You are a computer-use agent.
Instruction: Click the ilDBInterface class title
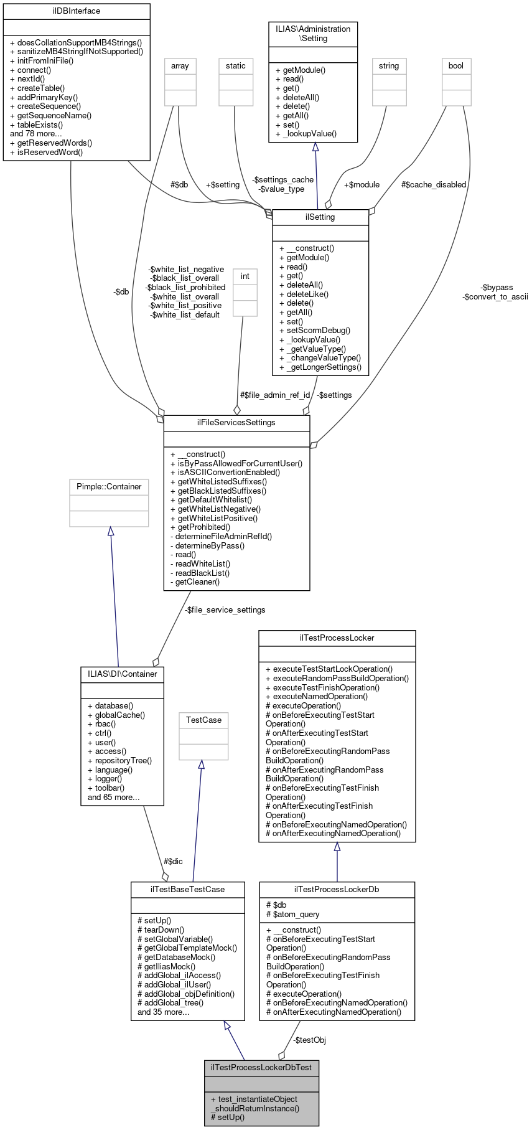pos(77,11)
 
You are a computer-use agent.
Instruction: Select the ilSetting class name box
pos(320,217)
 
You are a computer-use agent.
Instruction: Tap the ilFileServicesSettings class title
pos(236,423)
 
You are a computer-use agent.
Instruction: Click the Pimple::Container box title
pos(109,487)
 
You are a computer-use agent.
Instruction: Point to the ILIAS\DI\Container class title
pos(123,674)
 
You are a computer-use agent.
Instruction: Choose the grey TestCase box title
pos(203,720)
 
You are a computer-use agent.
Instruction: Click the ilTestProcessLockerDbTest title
pos(261,1068)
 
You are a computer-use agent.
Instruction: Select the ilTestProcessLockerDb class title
pos(337,890)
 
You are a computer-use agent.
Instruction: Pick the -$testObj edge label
pos(309,1040)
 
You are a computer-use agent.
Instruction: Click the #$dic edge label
pos(173,862)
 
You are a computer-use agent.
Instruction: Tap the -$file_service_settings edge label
pos(225,610)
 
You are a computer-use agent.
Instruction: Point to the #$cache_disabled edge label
pos(434,185)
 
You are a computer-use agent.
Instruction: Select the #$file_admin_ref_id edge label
pos(275,395)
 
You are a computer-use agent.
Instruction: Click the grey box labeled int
pos(245,276)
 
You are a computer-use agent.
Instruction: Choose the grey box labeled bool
pos(456,66)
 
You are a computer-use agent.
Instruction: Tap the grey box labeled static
pos(236,66)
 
